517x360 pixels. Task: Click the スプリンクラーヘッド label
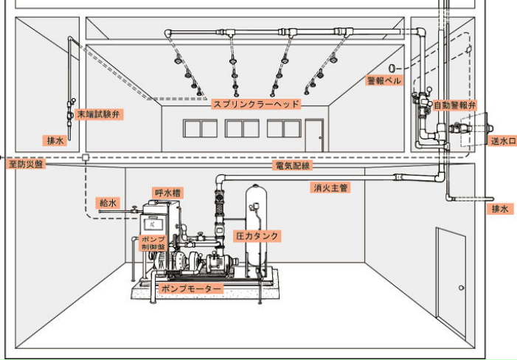pyautogui.click(x=256, y=104)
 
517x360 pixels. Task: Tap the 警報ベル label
pyautogui.click(x=384, y=80)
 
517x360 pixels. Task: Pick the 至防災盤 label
pyautogui.click(x=26, y=164)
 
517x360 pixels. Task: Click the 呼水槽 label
pyautogui.click(x=168, y=193)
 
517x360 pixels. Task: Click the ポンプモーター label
pyautogui.click(x=190, y=288)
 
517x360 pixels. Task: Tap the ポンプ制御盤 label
pyautogui.click(x=154, y=243)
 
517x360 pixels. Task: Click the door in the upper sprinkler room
pyautogui.click(x=314, y=135)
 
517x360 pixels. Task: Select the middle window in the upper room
pyautogui.click(x=242, y=128)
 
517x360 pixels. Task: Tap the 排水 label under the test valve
pyautogui.click(x=55, y=139)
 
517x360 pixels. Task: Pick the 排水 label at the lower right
pyautogui.click(x=501, y=209)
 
